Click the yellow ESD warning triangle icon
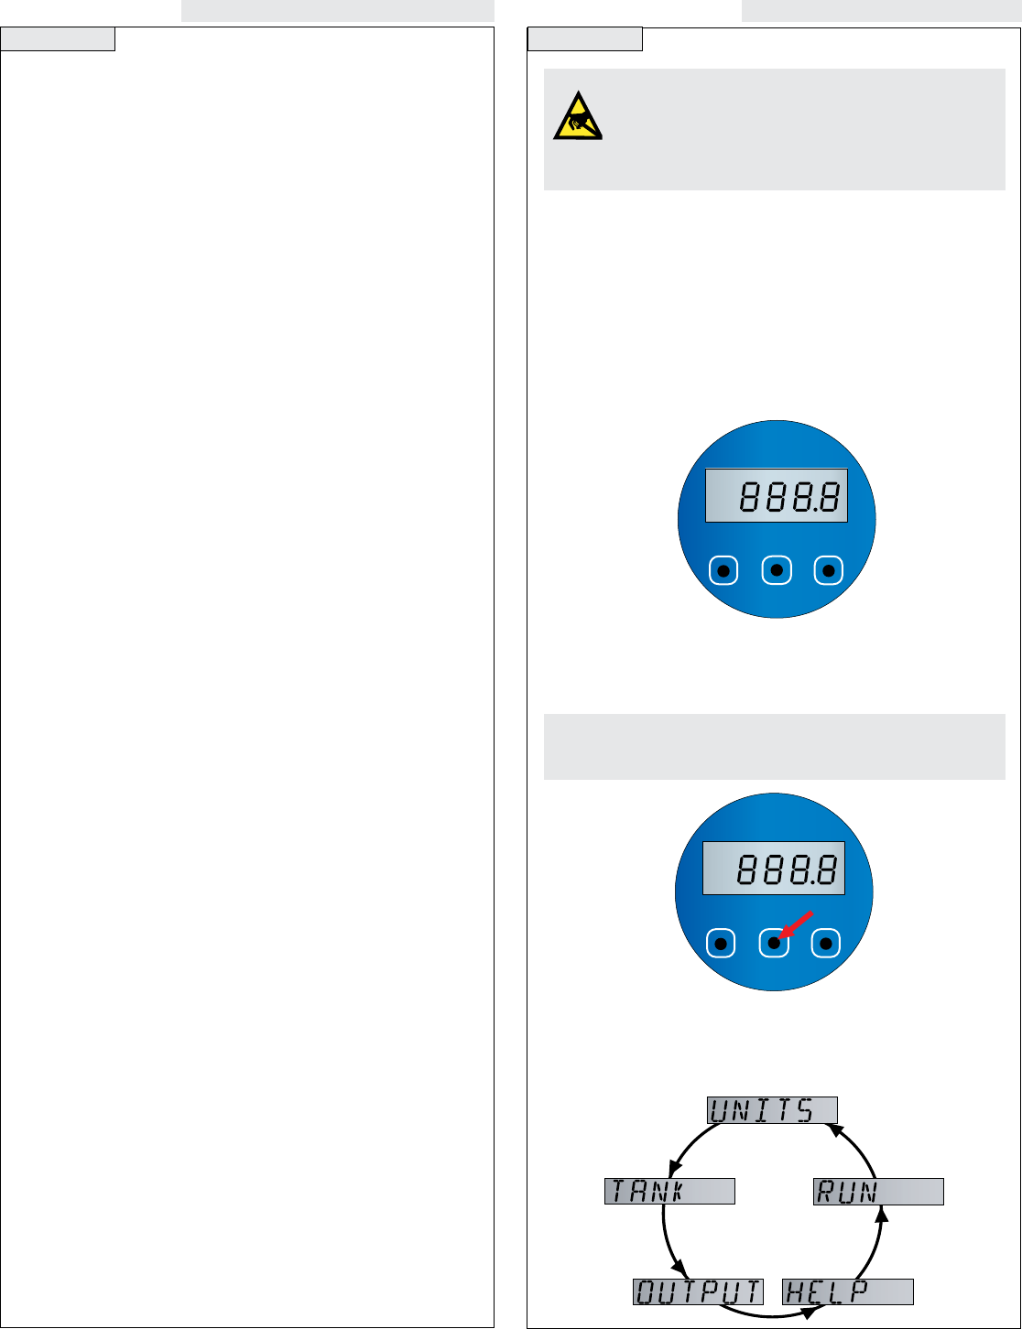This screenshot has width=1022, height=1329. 577,117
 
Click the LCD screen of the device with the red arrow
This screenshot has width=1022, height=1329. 773,869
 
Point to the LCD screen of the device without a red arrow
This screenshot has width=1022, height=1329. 776,496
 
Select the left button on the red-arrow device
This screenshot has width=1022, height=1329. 721,944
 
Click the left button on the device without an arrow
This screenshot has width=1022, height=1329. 723,571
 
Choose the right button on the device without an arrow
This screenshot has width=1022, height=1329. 829,571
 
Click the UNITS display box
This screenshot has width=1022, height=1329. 772,1110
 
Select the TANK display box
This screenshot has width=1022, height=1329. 669,1191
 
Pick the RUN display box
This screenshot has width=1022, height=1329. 878,1192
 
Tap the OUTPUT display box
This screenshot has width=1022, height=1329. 698,1291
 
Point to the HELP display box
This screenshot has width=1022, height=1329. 848,1291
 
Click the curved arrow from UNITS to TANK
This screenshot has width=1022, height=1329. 689,1144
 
